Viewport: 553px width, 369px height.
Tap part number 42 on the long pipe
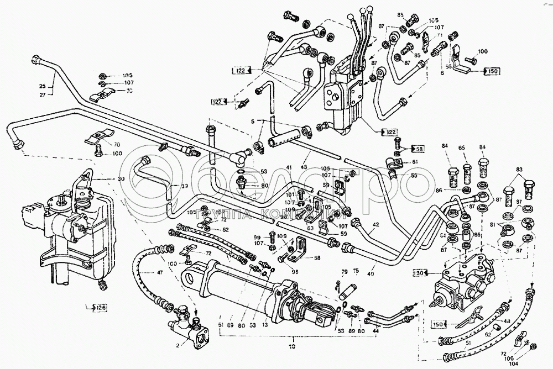click(375, 225)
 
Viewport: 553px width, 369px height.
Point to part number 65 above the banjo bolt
click(462, 147)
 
